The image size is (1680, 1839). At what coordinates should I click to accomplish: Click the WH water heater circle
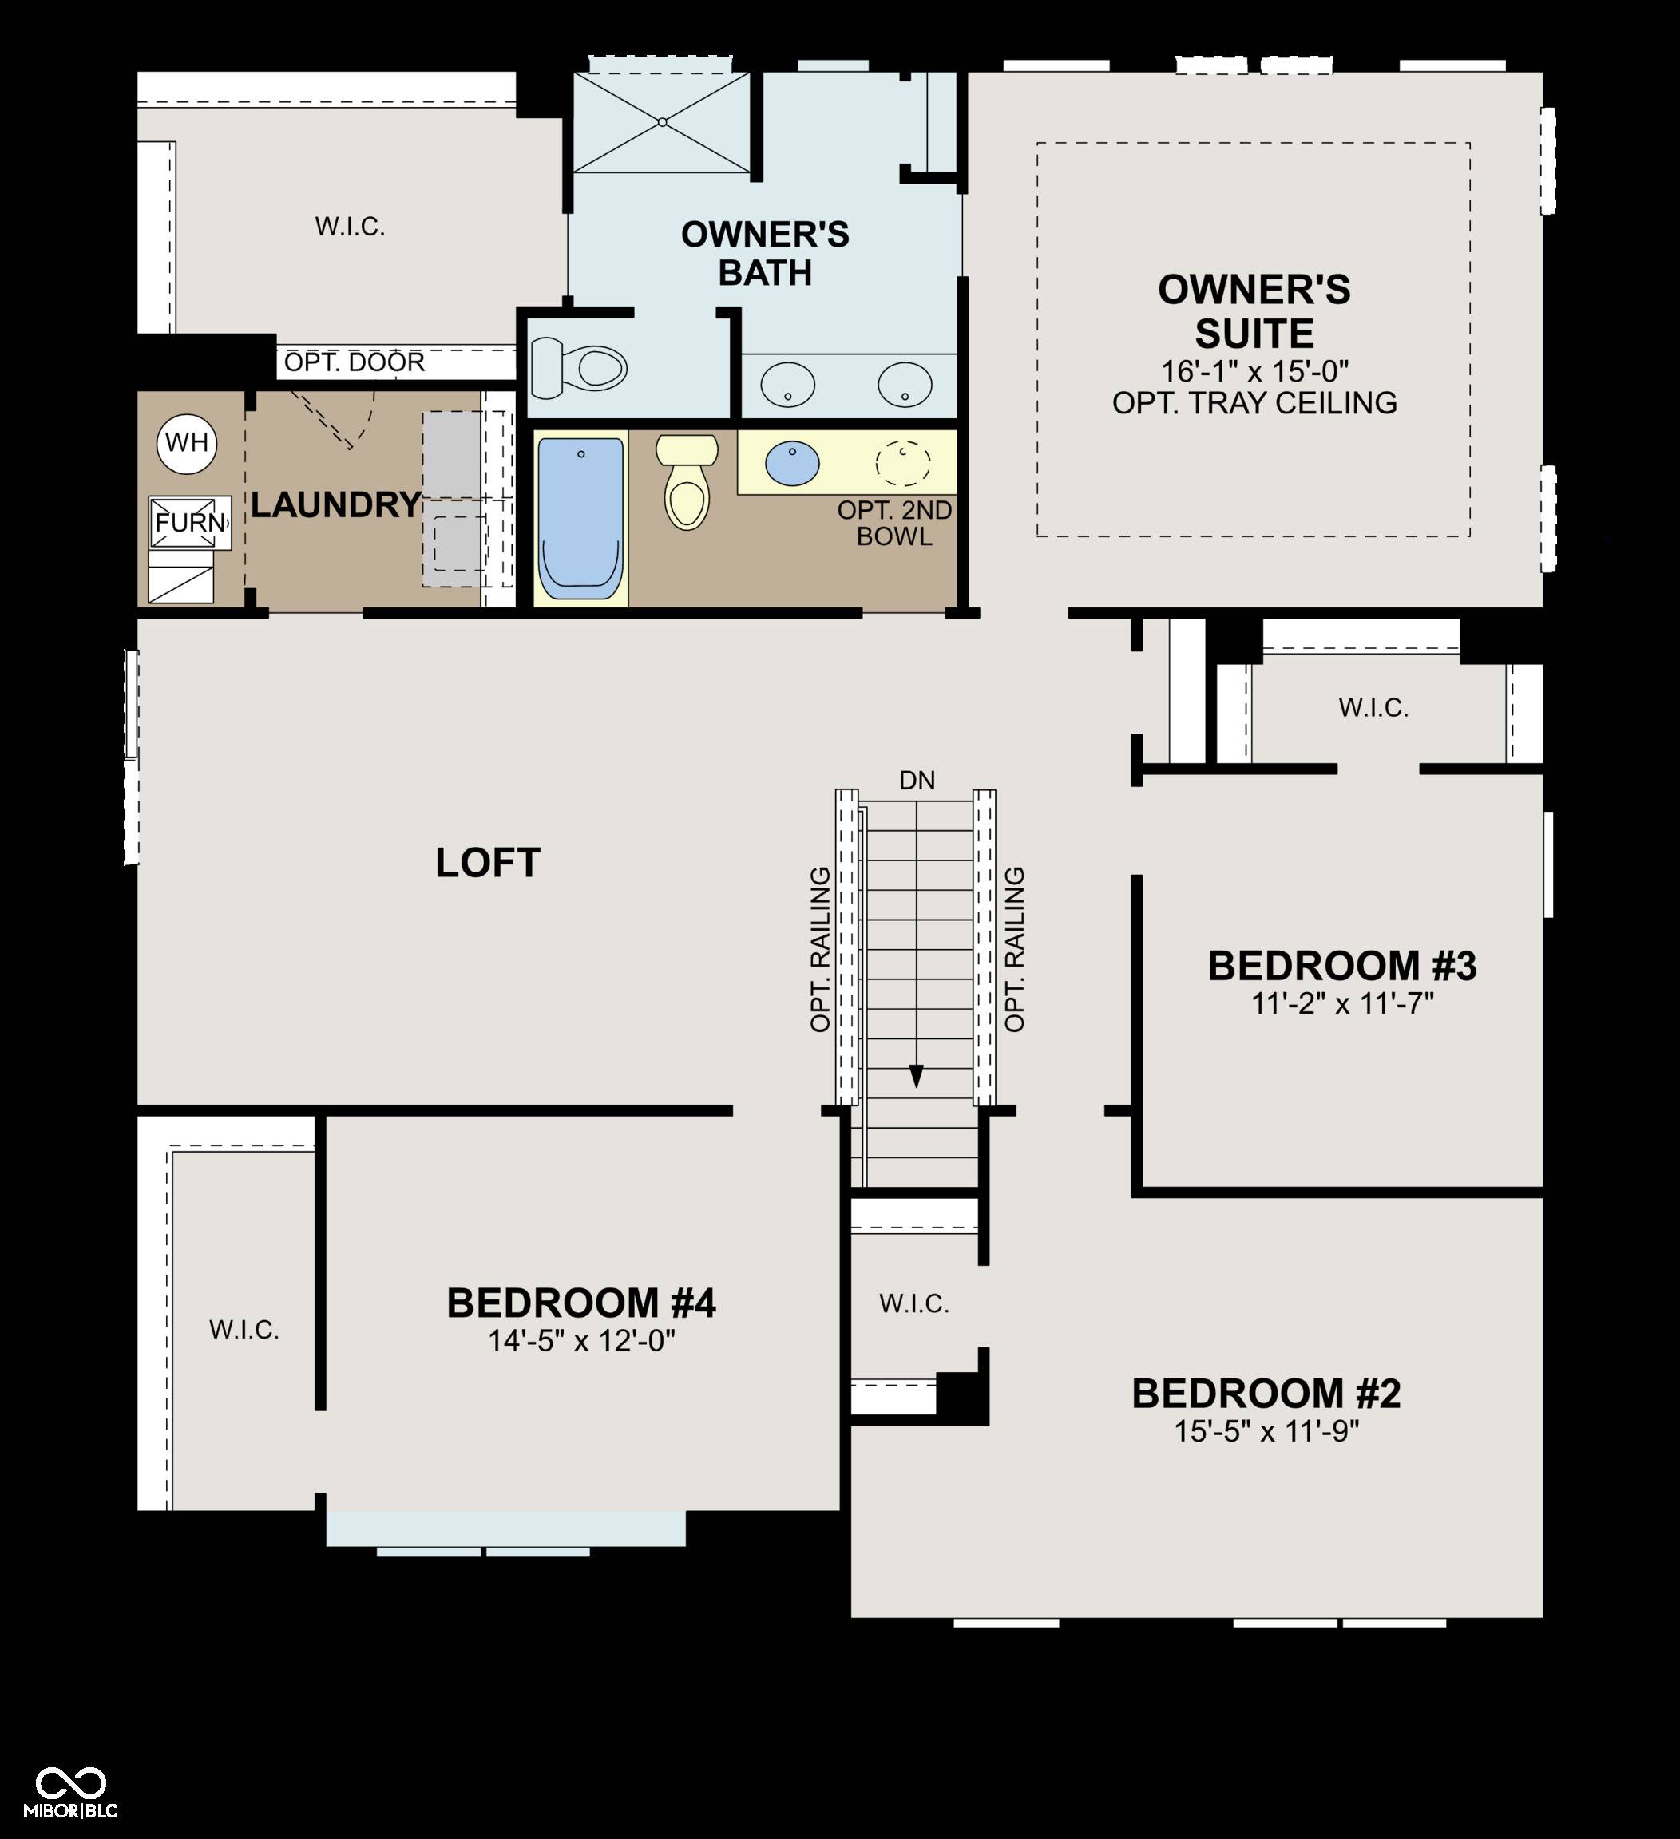coord(187,443)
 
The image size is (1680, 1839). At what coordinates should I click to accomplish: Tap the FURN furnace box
coord(190,523)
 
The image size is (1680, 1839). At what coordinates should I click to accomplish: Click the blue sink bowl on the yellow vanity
coord(792,465)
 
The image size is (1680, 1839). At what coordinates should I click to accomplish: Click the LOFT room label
coord(488,863)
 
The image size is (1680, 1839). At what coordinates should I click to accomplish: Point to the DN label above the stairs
coord(917,781)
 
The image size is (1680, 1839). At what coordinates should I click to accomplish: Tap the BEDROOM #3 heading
coord(1341,967)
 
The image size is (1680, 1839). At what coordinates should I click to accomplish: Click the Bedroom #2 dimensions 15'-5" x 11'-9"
coord(1266,1431)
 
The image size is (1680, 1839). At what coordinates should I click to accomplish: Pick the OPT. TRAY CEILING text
coord(1254,403)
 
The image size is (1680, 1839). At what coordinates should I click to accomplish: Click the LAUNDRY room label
coord(336,504)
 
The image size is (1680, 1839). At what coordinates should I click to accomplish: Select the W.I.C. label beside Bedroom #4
coord(244,1330)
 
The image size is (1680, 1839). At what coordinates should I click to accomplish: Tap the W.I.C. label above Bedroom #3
coord(1373,708)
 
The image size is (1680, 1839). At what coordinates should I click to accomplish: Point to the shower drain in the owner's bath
coord(664,122)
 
